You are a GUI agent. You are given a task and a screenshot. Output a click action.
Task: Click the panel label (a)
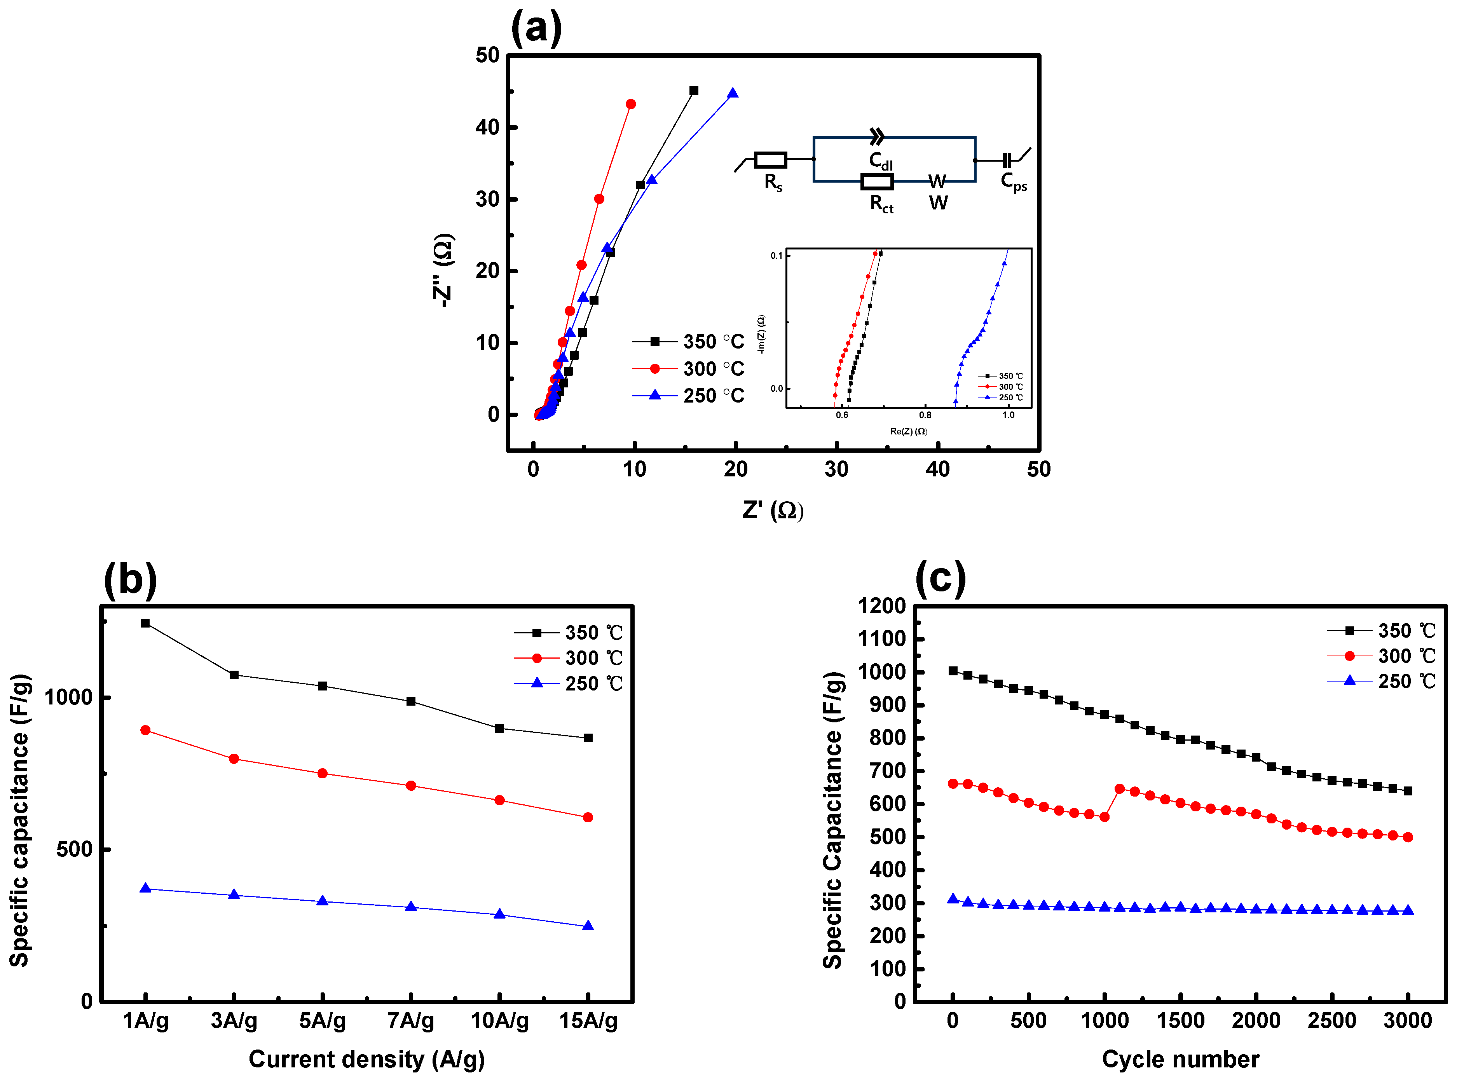(x=536, y=29)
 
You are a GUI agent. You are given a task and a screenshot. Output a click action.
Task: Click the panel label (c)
(x=941, y=579)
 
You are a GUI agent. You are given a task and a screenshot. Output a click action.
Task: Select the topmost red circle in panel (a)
(x=630, y=104)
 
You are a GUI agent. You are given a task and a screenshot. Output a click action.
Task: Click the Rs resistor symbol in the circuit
(x=770, y=160)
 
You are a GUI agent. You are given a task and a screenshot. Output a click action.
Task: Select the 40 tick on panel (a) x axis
(x=937, y=469)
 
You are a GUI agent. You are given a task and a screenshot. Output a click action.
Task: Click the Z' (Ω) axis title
(x=772, y=510)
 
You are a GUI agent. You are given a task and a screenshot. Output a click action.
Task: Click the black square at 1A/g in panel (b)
(x=145, y=624)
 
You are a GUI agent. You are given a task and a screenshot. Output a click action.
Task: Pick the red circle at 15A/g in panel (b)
(x=588, y=817)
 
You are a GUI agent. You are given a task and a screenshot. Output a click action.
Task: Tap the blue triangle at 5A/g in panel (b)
(x=322, y=901)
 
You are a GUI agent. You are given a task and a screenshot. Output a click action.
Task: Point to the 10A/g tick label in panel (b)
(x=499, y=1021)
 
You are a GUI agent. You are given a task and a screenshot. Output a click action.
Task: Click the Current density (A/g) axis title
(x=366, y=1059)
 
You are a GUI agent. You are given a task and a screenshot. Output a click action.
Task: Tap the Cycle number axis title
(x=1180, y=1059)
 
